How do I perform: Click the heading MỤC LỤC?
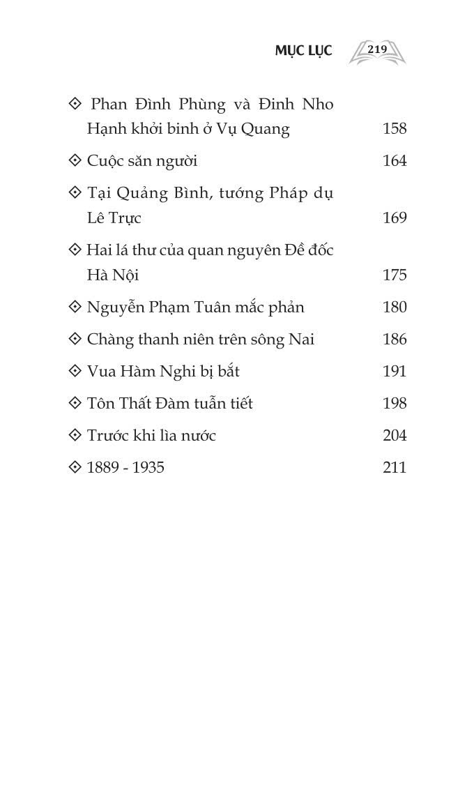[x=303, y=51]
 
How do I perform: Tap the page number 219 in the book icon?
[x=377, y=50]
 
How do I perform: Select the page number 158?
[x=395, y=129]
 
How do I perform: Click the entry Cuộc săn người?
[x=142, y=161]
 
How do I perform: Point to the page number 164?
[x=395, y=161]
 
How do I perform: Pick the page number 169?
[x=395, y=218]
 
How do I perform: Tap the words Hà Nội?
[x=113, y=275]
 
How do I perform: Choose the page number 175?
[x=395, y=275]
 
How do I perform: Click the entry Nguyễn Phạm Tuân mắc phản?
[x=195, y=307]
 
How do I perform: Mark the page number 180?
[x=395, y=307]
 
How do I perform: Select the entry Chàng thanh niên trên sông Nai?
[x=201, y=340]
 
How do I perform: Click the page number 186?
[x=395, y=340]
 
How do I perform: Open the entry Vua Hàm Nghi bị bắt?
[x=163, y=372]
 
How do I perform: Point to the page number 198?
[x=395, y=404]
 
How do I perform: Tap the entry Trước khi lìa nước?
[x=151, y=436]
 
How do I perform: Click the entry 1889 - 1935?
[x=125, y=468]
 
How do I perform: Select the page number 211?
[x=395, y=468]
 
